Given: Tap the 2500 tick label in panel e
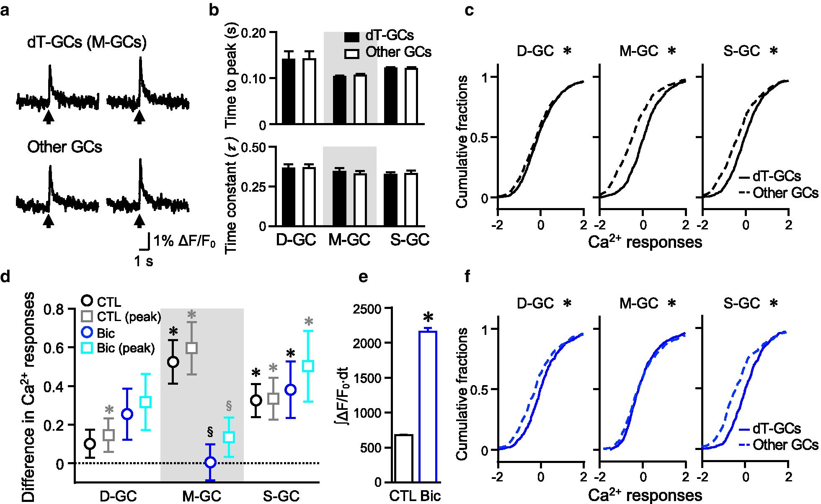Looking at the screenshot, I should pos(367,309).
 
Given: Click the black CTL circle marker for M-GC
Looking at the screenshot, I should pos(173,362).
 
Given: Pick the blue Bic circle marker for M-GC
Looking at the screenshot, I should pos(211,462).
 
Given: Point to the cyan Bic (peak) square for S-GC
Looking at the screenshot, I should pos(308,365).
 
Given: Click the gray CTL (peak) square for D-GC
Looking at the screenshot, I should pos(109,435).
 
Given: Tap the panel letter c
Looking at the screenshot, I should pos(470,10).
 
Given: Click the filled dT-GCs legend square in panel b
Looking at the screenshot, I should pos(351,37).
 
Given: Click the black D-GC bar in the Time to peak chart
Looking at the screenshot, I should pos(289,91).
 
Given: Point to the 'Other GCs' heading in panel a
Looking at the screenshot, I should pos(65,147).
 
